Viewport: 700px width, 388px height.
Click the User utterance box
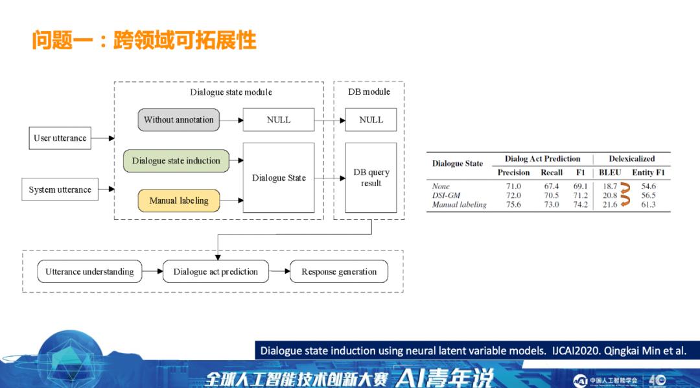tap(60, 138)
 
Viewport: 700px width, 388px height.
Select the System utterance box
tap(60, 189)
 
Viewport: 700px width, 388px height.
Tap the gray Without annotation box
tap(179, 119)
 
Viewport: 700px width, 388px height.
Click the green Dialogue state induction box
tap(176, 161)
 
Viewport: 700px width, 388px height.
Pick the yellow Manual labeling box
tap(179, 200)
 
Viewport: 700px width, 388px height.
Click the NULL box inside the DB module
tap(371, 119)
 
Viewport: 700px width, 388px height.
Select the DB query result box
tap(371, 177)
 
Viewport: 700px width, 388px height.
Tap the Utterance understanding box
tap(89, 271)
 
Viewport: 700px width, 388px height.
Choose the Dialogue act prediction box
tap(216, 271)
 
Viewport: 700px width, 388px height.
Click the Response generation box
tap(339, 271)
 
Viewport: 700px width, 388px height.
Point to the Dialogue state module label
tap(231, 92)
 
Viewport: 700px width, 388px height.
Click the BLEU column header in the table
tap(610, 173)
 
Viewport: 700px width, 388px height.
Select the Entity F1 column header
tap(648, 173)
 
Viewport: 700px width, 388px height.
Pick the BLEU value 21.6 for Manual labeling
tap(610, 204)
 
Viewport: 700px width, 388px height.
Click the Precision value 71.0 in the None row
tap(513, 186)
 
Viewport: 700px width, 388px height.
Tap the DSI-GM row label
tap(447, 195)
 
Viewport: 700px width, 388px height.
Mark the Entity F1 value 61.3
tap(648, 204)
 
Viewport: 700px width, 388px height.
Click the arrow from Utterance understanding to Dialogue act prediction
tap(152, 271)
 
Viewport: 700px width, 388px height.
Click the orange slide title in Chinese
tap(144, 40)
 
